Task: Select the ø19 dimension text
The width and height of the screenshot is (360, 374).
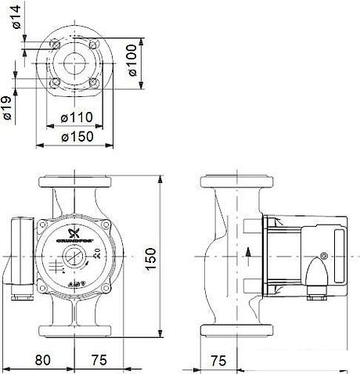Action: coord(8,106)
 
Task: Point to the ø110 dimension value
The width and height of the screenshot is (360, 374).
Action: coord(77,117)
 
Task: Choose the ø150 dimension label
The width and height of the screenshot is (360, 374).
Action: coord(77,136)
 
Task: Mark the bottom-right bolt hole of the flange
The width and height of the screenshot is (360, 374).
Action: coord(94,81)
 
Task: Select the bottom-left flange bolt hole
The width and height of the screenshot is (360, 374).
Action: coord(58,81)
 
